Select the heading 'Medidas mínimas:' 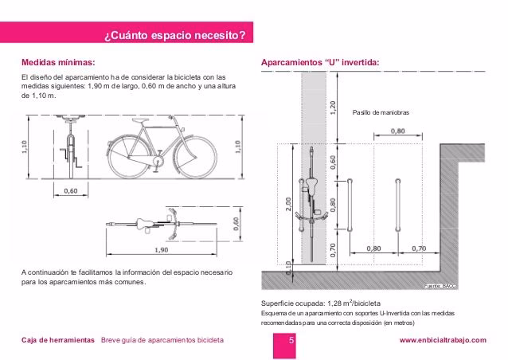[x=57, y=61]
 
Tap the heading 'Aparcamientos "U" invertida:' [x=320, y=61]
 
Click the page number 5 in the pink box [x=291, y=341]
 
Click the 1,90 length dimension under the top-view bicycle [x=160, y=249]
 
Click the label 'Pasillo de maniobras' [x=380, y=114]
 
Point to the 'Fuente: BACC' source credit [x=438, y=285]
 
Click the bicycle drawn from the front [x=71, y=147]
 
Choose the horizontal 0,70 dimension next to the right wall [x=420, y=248]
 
